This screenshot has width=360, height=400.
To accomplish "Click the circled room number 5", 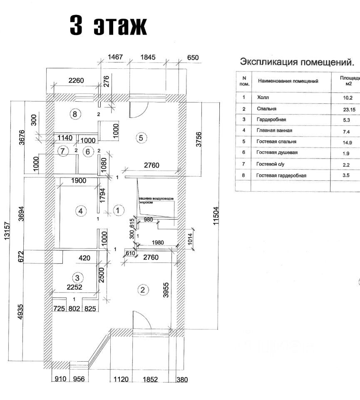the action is (x=141, y=137).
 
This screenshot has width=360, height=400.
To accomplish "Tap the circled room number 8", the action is (x=74, y=114).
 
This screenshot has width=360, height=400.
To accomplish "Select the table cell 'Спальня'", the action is (x=267, y=109).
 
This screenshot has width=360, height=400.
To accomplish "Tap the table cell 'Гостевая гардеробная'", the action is (x=281, y=175).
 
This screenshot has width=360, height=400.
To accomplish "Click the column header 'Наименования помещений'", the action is (x=288, y=81).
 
